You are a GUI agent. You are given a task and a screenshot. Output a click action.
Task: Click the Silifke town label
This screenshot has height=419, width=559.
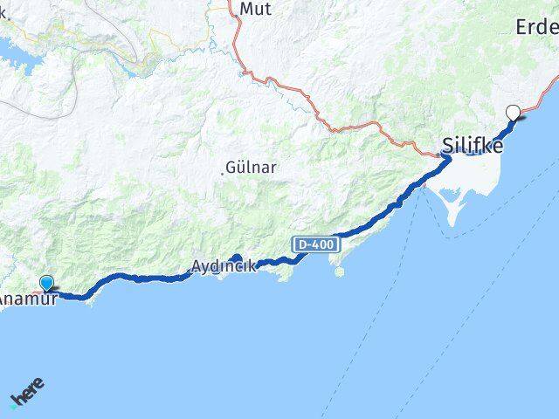click(x=473, y=146)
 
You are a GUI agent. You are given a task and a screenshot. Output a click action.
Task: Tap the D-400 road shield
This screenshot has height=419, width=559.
click(x=314, y=245)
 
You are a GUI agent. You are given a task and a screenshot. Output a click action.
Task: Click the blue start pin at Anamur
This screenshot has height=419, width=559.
click(x=46, y=282)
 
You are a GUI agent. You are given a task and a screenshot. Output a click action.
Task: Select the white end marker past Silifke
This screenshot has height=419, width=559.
click(x=513, y=111)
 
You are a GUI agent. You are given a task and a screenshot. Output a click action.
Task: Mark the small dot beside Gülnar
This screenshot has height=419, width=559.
click(x=223, y=172)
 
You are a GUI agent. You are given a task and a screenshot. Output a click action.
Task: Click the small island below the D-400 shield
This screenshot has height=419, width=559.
click(x=339, y=271)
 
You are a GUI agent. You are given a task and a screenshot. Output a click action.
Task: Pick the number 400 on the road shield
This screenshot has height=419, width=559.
click(x=321, y=245)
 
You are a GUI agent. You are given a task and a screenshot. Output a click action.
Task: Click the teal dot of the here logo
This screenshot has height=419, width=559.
click(x=13, y=405)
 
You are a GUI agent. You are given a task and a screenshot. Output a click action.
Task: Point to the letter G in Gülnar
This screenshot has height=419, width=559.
click(x=231, y=166)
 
